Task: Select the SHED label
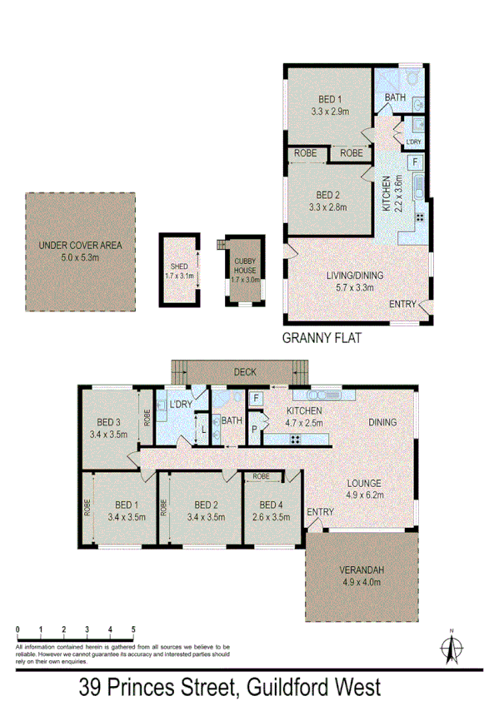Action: pyautogui.click(x=179, y=267)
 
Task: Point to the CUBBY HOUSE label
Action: pyautogui.click(x=244, y=270)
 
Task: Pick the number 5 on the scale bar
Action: pyautogui.click(x=132, y=629)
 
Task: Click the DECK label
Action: pyautogui.click(x=244, y=373)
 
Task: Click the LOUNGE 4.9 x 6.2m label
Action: pyautogui.click(x=364, y=489)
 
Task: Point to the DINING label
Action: pyautogui.click(x=383, y=422)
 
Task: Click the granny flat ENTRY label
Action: pyautogui.click(x=402, y=305)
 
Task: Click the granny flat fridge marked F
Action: pyautogui.click(x=415, y=161)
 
